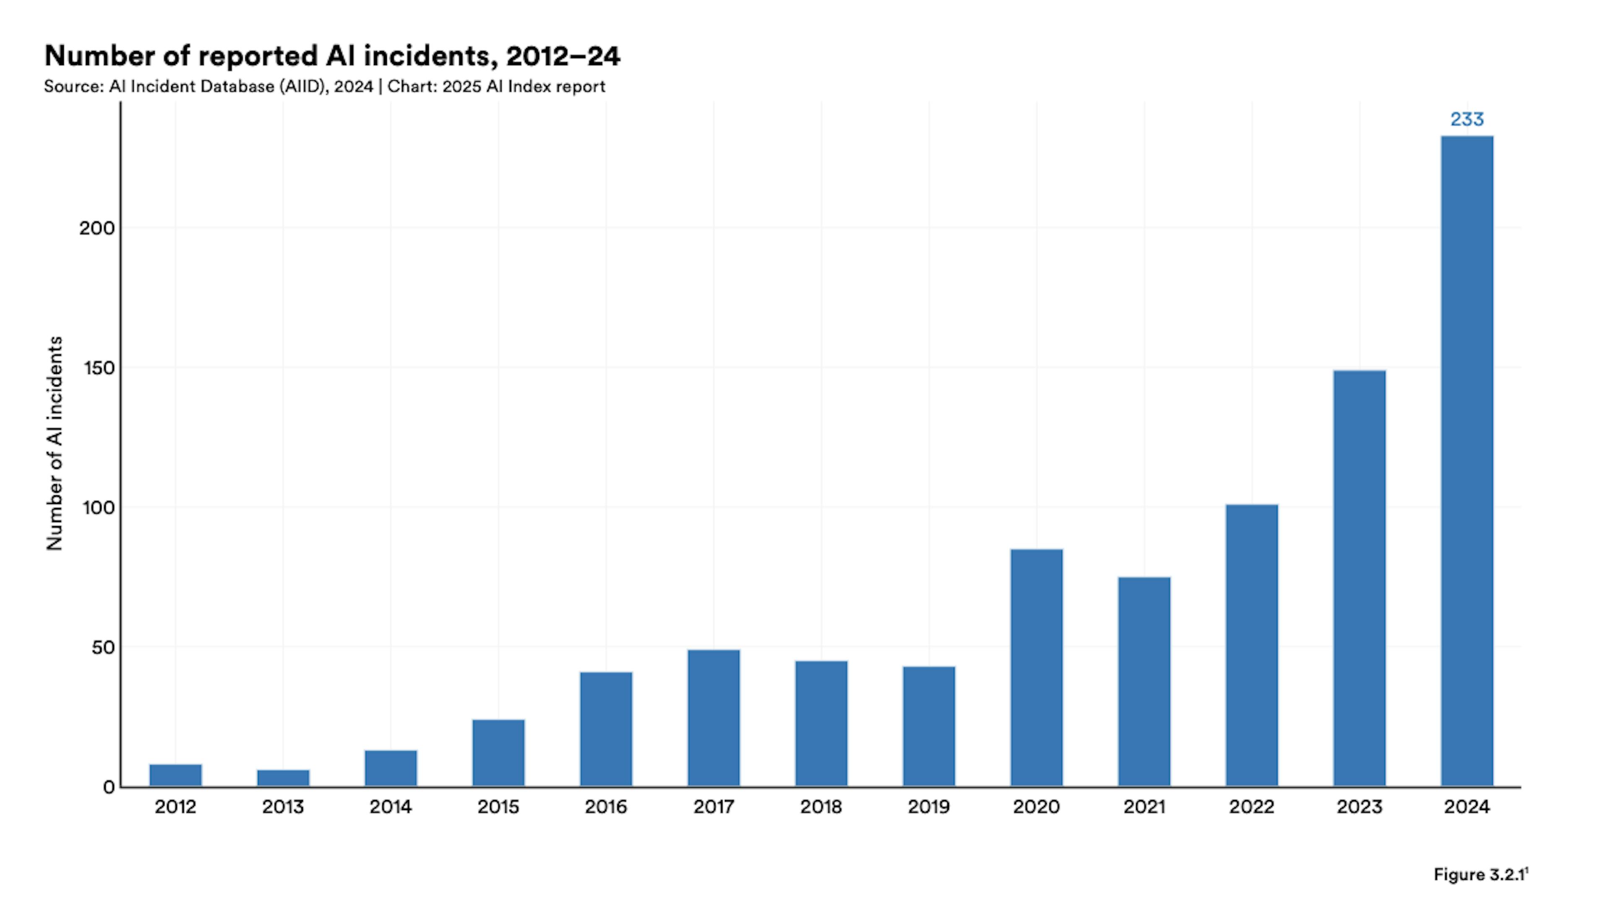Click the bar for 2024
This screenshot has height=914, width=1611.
tap(1467, 461)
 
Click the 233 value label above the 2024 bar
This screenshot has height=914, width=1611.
tap(1467, 119)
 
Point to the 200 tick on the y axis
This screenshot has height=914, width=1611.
tap(97, 228)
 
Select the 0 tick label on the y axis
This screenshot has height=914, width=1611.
tap(109, 787)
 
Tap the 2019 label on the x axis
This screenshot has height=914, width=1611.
tap(929, 807)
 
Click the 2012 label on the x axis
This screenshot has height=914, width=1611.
tap(175, 807)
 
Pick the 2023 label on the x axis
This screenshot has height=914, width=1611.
tap(1359, 807)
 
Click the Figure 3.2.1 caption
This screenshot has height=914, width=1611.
tap(1480, 875)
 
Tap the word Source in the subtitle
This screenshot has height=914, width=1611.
tap(73, 87)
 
